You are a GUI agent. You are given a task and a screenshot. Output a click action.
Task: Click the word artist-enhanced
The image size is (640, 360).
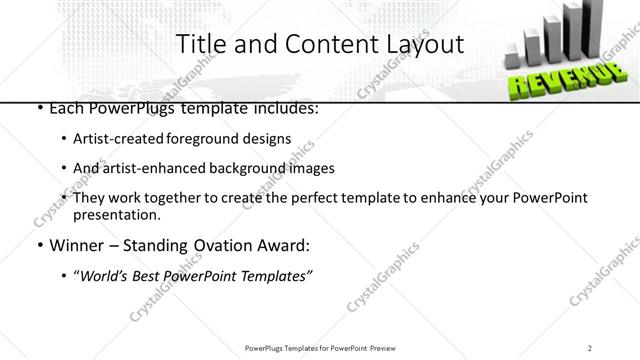click(155, 168)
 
